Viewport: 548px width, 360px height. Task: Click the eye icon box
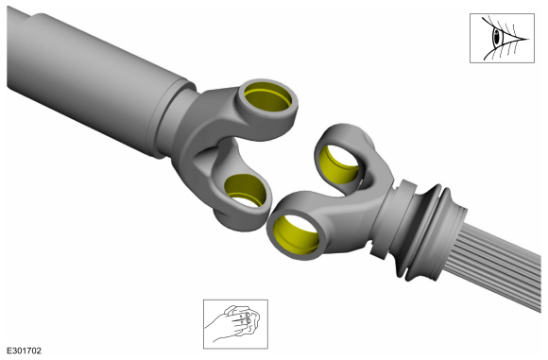[x=502, y=38]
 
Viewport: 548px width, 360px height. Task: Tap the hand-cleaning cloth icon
[x=235, y=324]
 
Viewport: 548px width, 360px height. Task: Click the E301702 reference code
[x=25, y=351]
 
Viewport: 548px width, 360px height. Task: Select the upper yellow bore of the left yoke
[x=267, y=96]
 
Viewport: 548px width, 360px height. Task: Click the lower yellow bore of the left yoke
[x=246, y=190]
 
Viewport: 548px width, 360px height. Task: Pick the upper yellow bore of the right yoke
[x=338, y=164]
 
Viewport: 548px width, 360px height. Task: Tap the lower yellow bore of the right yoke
[x=296, y=235]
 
